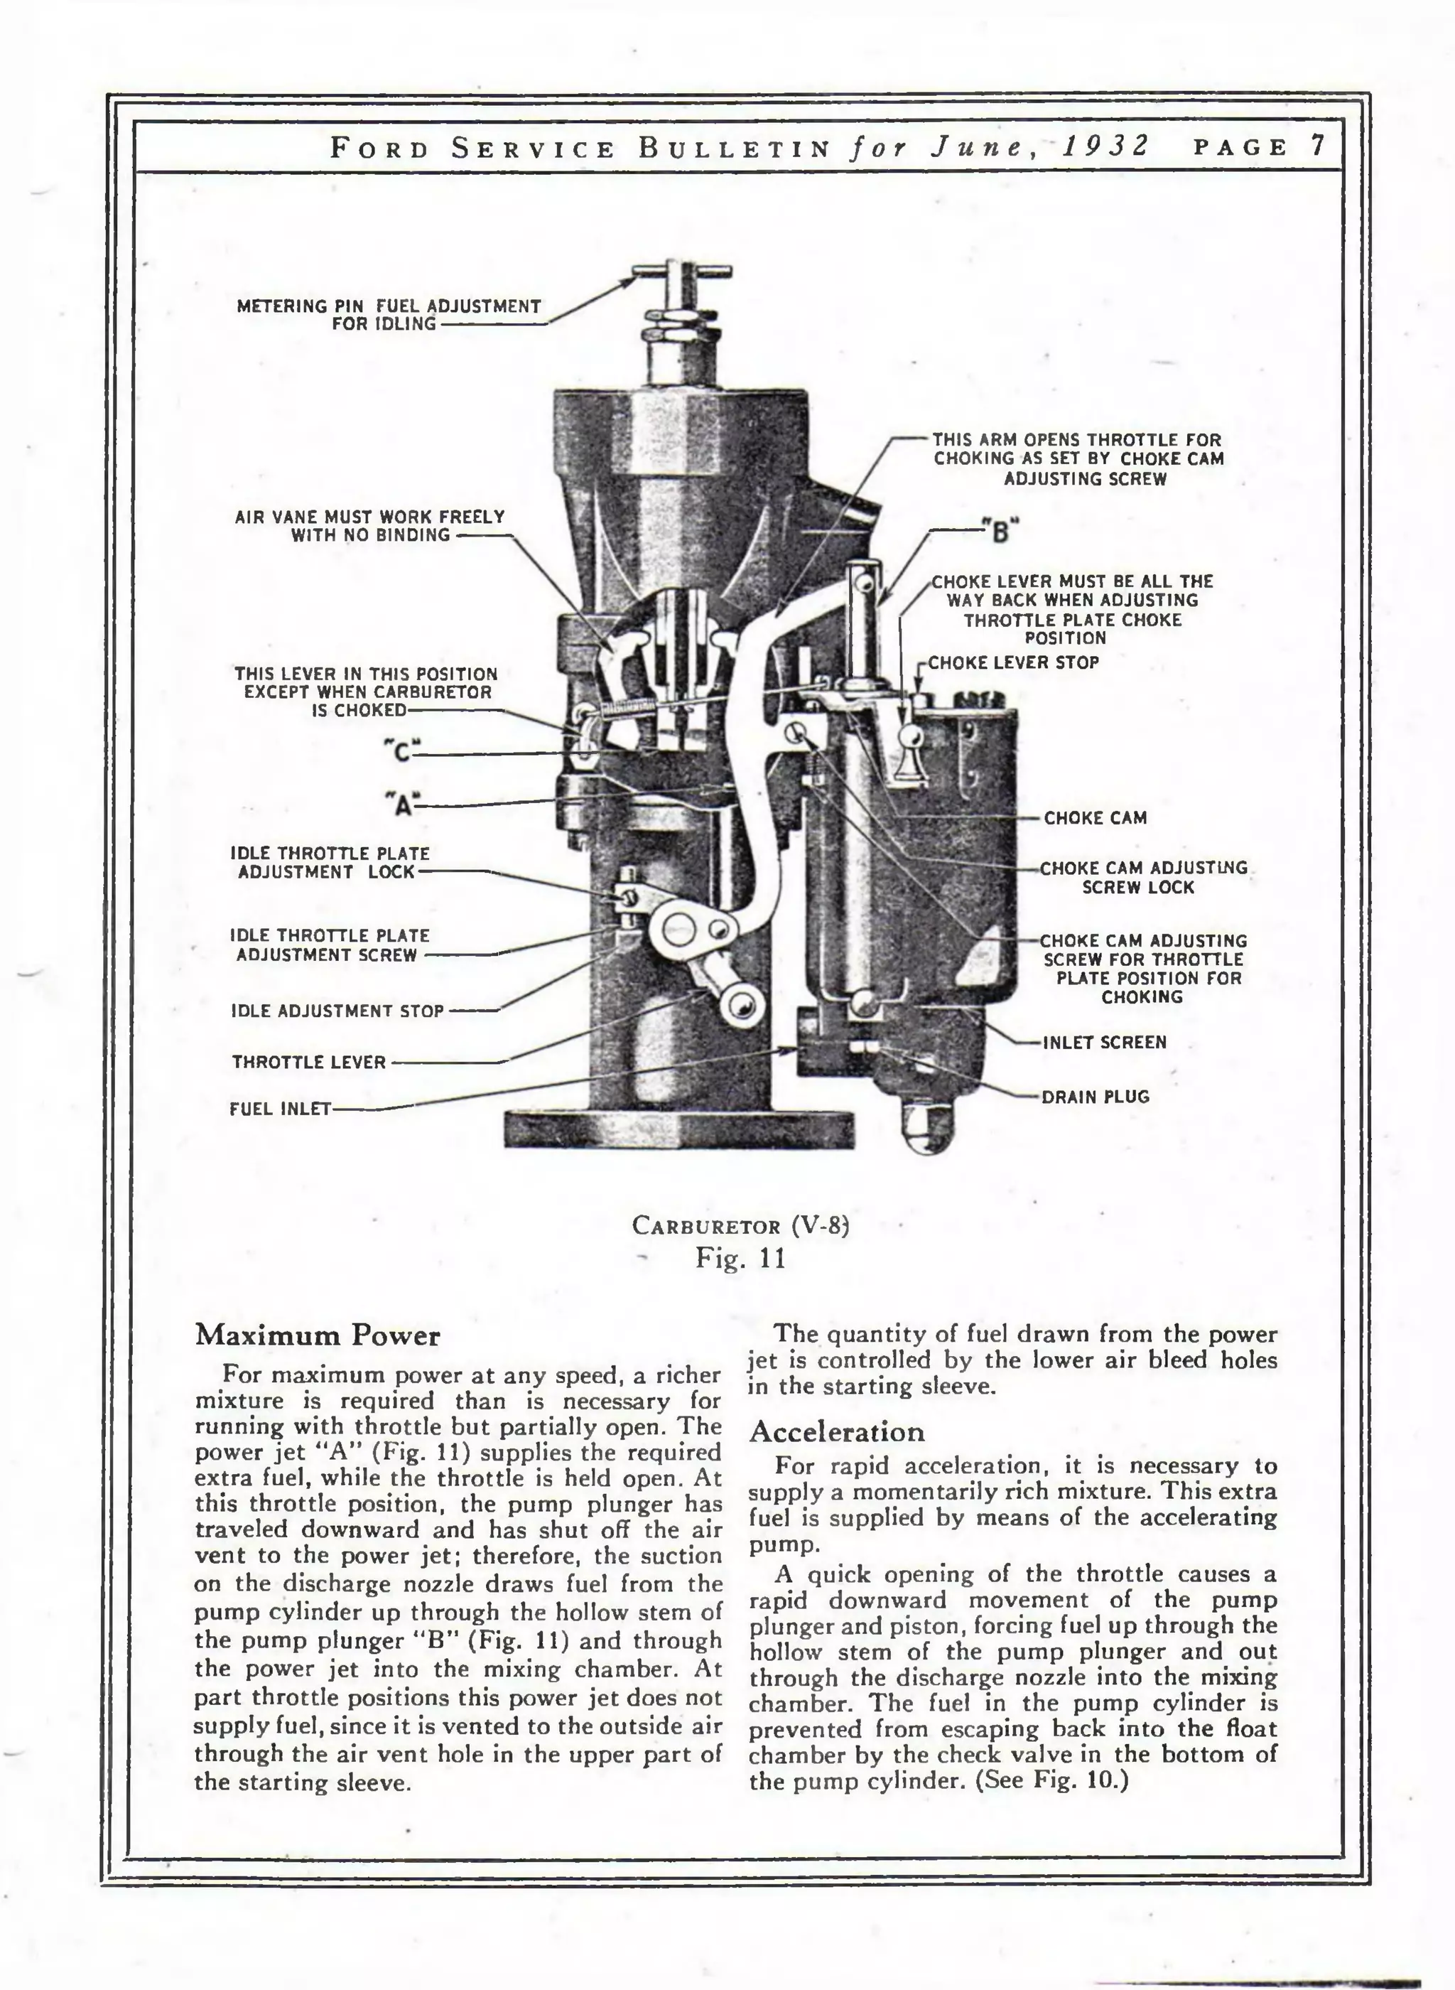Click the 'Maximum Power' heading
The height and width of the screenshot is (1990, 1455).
coord(317,1336)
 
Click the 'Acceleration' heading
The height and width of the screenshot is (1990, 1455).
coord(837,1432)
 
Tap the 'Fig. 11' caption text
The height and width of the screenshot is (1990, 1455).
coord(740,1257)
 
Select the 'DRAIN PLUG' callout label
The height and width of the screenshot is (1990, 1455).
coord(1095,1097)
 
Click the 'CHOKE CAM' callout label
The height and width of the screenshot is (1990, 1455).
coord(1095,818)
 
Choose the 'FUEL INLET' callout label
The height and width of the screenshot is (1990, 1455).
coord(280,1109)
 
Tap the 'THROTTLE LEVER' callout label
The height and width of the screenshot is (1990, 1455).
coord(309,1063)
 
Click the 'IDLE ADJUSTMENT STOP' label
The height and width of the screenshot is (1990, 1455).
coord(337,1011)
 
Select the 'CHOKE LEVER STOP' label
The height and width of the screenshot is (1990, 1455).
coord(1013,662)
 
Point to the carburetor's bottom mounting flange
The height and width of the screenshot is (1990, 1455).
coord(679,1129)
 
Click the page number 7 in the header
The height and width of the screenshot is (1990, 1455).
coord(1318,146)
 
